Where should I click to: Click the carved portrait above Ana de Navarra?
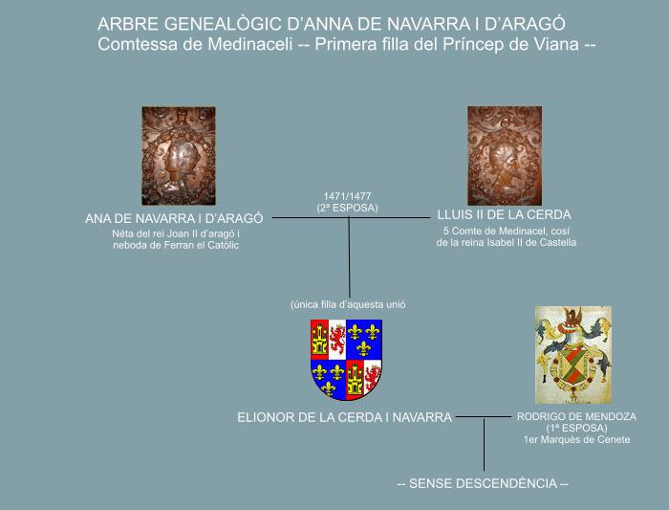(179, 156)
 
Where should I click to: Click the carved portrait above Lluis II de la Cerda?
(505, 156)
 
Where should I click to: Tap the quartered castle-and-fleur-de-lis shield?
(346, 360)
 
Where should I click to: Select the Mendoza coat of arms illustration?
(573, 355)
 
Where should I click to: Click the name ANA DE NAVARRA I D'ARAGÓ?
(174, 219)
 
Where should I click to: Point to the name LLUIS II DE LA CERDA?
(504, 215)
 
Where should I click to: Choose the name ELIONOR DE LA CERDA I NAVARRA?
(344, 417)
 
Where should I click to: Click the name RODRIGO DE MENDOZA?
(576, 416)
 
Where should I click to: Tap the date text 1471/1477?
(347, 196)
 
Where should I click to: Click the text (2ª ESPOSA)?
(347, 208)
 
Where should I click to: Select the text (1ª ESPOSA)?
(576, 428)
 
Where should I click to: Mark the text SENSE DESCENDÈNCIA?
(483, 483)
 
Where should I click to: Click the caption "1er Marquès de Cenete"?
(577, 439)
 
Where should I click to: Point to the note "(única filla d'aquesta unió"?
(348, 305)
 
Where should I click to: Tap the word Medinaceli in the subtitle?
(249, 44)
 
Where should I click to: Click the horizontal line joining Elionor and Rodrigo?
(483, 416)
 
